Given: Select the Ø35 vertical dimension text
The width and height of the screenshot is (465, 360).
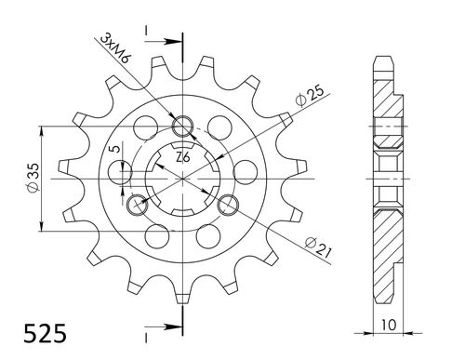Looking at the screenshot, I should click(33, 177).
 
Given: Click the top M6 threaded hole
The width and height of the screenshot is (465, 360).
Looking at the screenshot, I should click(183, 127).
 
